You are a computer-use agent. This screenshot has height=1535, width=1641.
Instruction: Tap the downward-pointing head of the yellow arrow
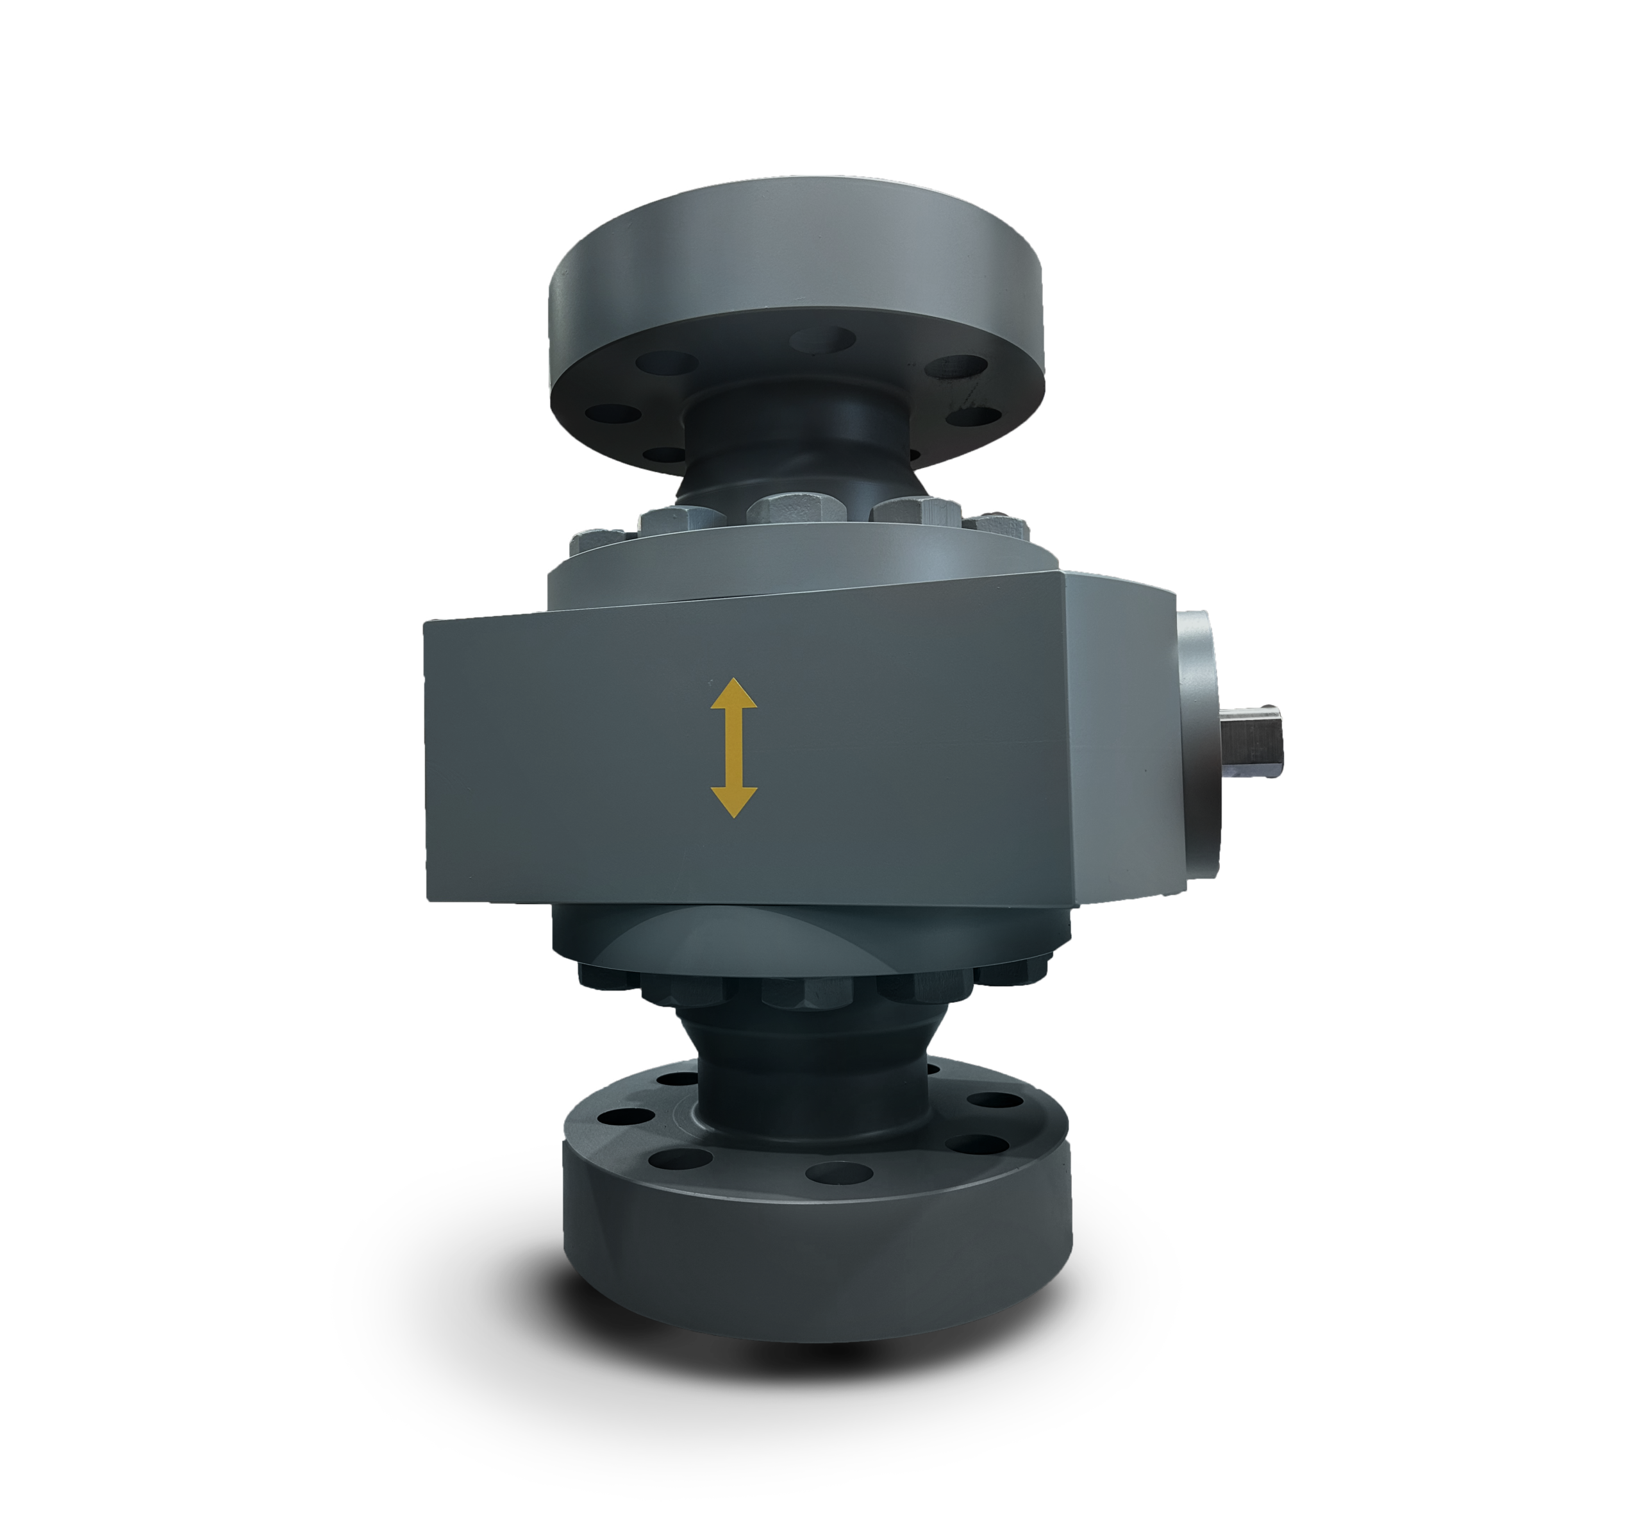734,800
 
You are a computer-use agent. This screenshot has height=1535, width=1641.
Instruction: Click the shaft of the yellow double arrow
734,747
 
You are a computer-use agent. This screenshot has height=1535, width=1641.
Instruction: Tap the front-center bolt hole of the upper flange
822,339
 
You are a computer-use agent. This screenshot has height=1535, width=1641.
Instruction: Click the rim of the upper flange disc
797,273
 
